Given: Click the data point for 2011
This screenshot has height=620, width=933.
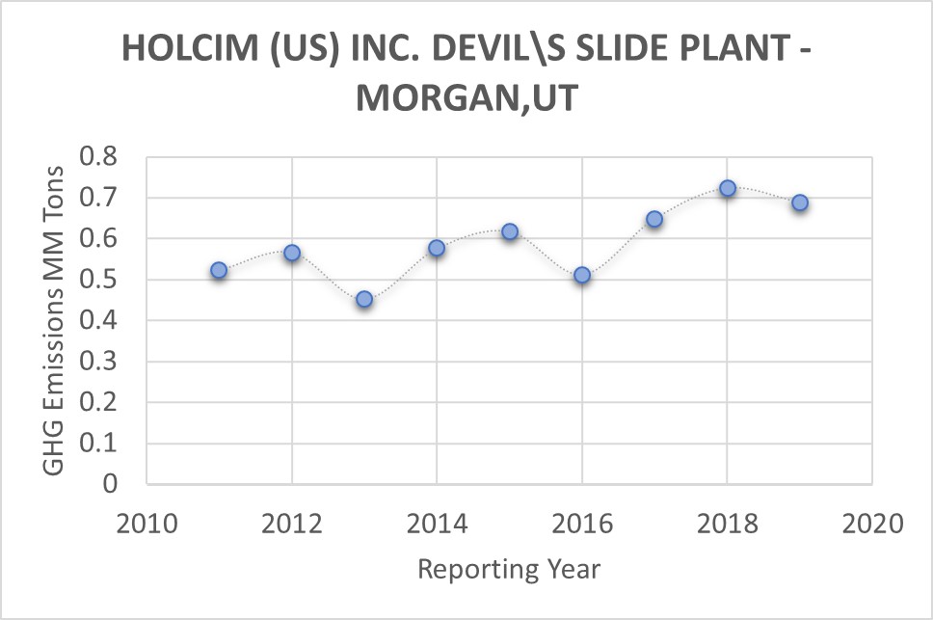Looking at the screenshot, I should coord(219,270).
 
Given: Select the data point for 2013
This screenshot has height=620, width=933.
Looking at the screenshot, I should coord(364,299).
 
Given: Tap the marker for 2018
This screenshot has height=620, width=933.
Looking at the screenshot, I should coord(727,188).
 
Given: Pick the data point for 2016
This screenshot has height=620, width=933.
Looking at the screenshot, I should coord(582,275).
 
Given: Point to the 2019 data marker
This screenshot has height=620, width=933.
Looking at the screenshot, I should coord(799,202).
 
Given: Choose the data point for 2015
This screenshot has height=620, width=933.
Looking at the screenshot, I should coord(510,231).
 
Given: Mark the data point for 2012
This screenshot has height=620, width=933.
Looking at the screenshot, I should coord(292,253).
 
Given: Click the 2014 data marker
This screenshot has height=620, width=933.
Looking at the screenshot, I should coord(437,248).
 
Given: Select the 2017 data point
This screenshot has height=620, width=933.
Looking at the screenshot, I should coord(654,219).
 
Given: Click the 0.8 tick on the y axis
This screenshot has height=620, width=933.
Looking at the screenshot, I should coord(97,157).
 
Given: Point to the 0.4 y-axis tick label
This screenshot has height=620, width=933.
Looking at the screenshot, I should coord(97,321).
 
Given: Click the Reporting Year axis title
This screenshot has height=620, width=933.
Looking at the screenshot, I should coord(509,569).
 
